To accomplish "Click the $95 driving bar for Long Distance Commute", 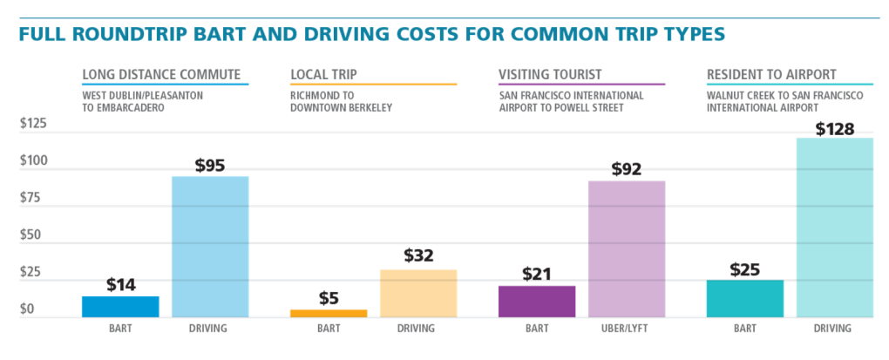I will (210, 246).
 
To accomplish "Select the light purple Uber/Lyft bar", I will (627, 248).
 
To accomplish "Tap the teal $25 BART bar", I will (745, 298).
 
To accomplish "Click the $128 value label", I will (835, 129).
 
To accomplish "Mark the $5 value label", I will (329, 297).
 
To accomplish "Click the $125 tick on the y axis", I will (34, 125).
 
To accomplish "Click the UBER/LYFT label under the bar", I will (627, 329).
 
